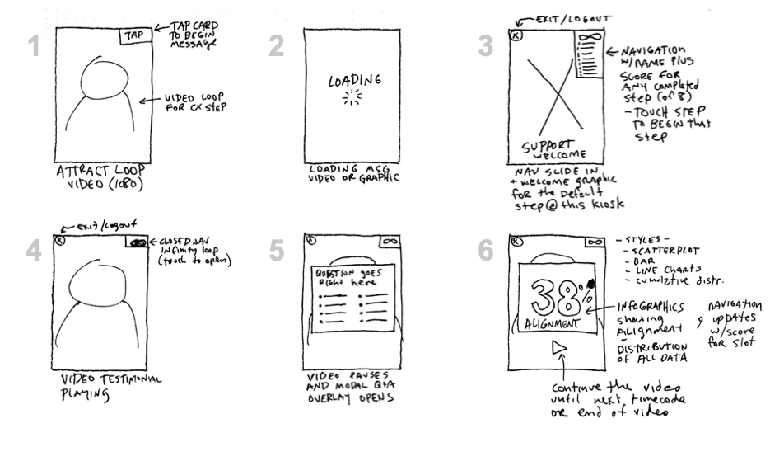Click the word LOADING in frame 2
tap(355, 82)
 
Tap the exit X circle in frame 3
tap(515, 35)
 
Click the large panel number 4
tap(33, 251)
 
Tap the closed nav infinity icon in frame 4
tap(138, 242)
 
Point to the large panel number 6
tap(488, 251)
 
